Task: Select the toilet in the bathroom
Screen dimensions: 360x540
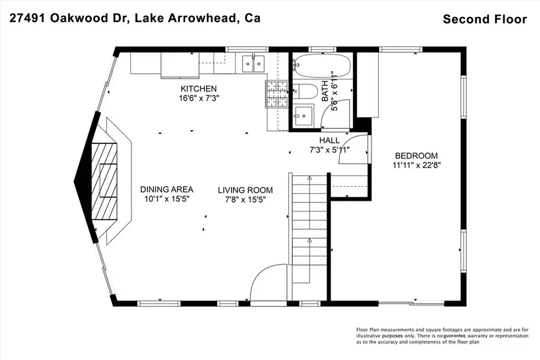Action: (308, 92)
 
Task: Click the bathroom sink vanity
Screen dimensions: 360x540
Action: (304, 115)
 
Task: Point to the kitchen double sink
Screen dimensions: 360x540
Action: (251, 62)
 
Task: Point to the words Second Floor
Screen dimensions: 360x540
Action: (485, 19)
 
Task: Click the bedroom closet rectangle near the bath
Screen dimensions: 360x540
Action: (367, 84)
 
